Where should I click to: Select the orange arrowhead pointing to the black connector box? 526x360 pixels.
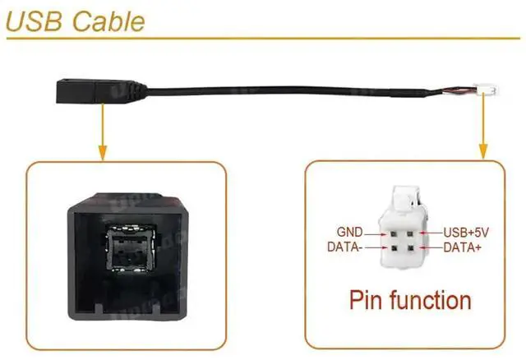coord(101,152)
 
